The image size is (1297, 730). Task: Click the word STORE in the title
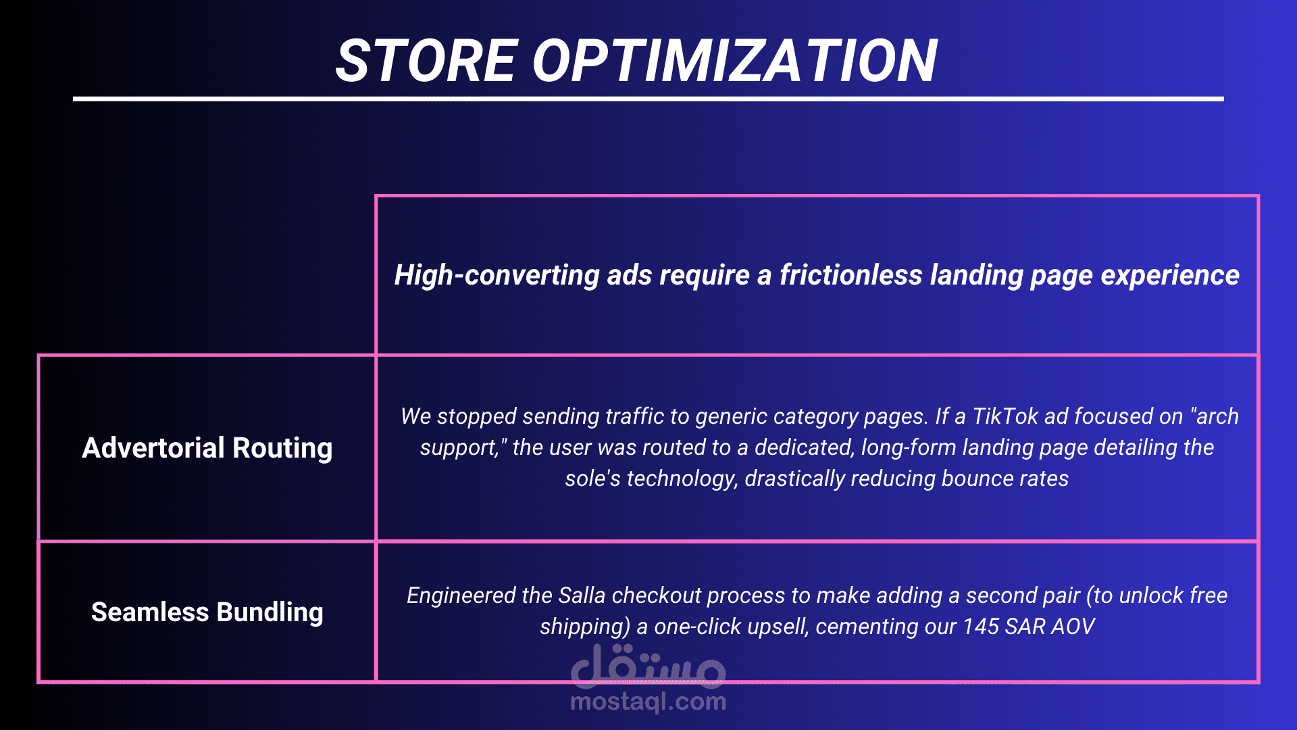(x=427, y=61)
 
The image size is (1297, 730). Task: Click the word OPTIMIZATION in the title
(x=736, y=61)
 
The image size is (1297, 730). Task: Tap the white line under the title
(x=648, y=99)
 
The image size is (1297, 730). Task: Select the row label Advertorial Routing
(x=207, y=448)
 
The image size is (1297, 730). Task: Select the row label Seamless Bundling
(x=207, y=612)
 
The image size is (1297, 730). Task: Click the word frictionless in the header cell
(x=851, y=275)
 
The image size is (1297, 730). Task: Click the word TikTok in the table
(x=1004, y=416)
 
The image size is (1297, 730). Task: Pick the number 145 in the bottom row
(x=981, y=627)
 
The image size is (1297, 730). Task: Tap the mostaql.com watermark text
(x=648, y=702)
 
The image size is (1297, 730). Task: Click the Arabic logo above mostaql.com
(x=648, y=666)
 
